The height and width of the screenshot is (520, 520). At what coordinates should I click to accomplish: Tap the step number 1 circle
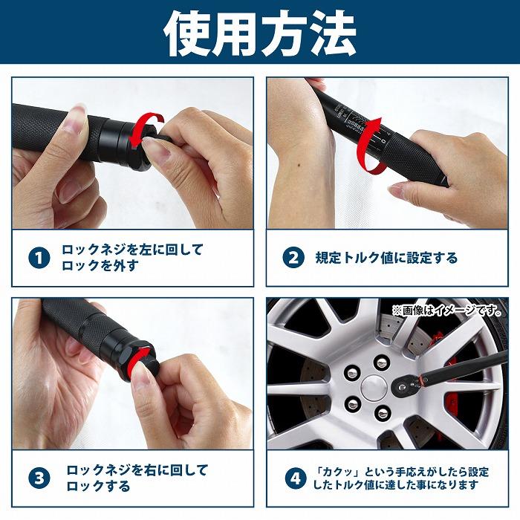(x=39, y=258)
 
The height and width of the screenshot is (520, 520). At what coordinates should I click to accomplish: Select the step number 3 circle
(x=39, y=478)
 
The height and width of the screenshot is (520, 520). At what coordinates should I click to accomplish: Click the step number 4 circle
(x=295, y=478)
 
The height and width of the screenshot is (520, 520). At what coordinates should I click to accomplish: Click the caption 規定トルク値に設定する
(x=386, y=259)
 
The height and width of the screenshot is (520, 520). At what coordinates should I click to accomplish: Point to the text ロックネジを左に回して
(x=132, y=250)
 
